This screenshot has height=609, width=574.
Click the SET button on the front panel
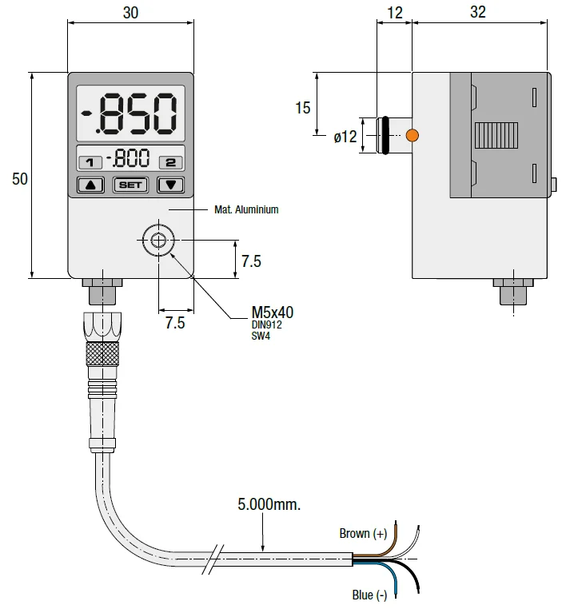130,185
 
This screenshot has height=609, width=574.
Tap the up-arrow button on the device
90,185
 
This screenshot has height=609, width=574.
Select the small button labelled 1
90,162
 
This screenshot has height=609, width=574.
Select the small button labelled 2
170,162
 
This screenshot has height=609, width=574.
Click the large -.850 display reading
130,113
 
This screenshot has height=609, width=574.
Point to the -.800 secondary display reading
128,157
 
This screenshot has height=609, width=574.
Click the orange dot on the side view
413,135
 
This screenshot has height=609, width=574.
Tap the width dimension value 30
130,13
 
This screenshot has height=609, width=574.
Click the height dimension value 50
20,179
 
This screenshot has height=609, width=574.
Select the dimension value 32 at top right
478,12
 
